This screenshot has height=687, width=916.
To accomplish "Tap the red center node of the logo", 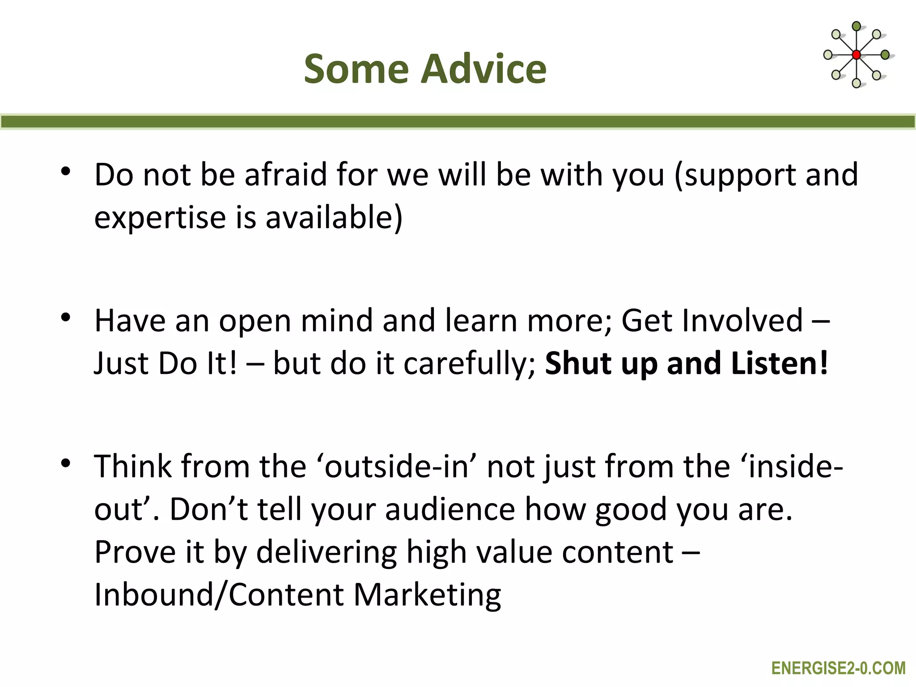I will click(856, 55).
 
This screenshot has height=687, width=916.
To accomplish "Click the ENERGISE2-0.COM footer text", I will click(838, 668).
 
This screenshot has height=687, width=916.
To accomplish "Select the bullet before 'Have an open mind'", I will click(66, 318).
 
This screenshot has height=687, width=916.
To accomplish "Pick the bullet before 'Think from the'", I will click(66, 463).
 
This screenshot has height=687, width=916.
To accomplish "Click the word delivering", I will click(327, 552).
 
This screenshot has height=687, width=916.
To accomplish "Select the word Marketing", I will click(427, 595).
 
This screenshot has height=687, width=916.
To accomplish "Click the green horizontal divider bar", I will click(458, 122).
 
